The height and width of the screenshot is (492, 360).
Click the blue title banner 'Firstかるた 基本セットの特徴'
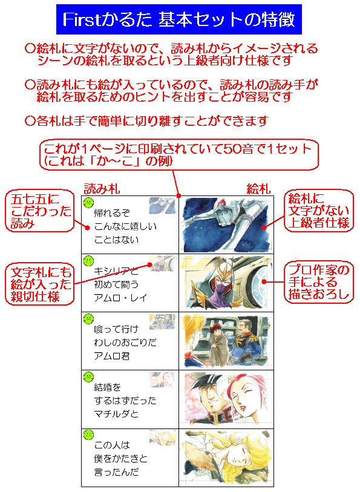click(x=178, y=19)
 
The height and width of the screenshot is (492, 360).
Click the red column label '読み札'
click(x=102, y=189)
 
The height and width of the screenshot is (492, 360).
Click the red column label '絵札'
click(x=258, y=189)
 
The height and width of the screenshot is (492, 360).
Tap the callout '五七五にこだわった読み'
click(x=40, y=211)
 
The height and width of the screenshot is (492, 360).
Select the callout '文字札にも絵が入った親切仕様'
click(x=40, y=284)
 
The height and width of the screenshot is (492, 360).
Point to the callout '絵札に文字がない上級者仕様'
click(x=319, y=211)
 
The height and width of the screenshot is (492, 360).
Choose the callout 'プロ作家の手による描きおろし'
click(x=319, y=282)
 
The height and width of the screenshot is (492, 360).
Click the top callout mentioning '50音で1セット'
click(x=178, y=155)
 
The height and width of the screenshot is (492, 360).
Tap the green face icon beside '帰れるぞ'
click(x=89, y=202)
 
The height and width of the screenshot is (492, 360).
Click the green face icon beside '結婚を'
click(x=89, y=376)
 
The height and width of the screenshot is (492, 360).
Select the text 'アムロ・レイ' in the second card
click(x=120, y=298)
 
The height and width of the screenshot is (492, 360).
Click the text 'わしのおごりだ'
click(x=125, y=343)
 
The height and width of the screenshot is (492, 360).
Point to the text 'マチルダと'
click(x=116, y=414)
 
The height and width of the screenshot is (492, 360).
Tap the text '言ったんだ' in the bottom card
click(x=116, y=472)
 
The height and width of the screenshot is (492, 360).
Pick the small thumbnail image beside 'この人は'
click(x=162, y=438)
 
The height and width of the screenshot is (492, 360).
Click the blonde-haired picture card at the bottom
click(x=226, y=458)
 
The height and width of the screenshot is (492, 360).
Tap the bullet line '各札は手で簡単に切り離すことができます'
click(x=147, y=121)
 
